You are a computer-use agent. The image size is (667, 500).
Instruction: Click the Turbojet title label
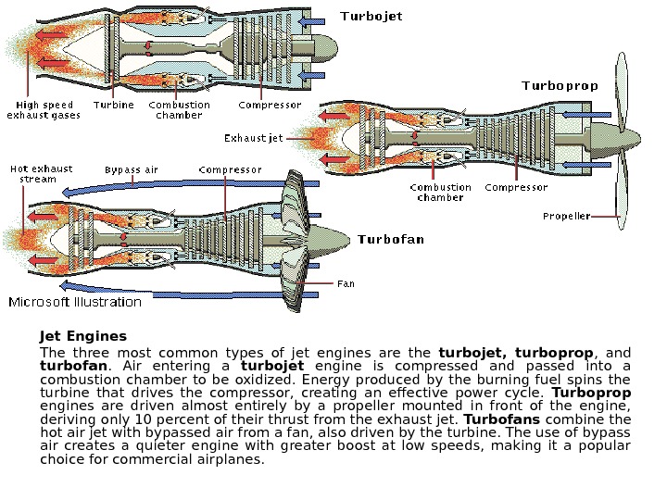click(371, 17)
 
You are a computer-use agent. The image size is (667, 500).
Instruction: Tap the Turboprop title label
click(560, 86)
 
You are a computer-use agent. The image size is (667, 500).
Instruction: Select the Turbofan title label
click(391, 240)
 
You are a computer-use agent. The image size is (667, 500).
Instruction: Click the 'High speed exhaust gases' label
click(44, 110)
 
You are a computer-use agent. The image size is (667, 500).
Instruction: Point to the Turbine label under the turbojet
click(114, 106)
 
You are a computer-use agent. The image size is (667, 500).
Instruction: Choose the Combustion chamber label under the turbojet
click(179, 110)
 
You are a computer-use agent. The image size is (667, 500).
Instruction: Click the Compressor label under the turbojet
click(270, 106)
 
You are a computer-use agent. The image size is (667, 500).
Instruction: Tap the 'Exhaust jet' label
click(254, 139)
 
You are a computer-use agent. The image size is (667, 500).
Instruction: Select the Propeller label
click(566, 217)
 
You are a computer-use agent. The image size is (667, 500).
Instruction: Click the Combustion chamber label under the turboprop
click(440, 192)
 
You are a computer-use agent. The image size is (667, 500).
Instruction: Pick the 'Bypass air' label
click(132, 170)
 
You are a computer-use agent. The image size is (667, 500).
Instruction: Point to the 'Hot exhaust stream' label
click(41, 174)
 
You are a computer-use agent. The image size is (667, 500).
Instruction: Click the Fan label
click(346, 283)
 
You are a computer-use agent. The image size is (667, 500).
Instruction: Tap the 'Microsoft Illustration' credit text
click(75, 302)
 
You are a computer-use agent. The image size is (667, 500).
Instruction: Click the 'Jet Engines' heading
click(83, 336)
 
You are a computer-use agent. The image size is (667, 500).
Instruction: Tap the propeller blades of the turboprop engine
click(621, 139)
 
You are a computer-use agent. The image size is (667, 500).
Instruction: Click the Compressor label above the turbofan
click(230, 170)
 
